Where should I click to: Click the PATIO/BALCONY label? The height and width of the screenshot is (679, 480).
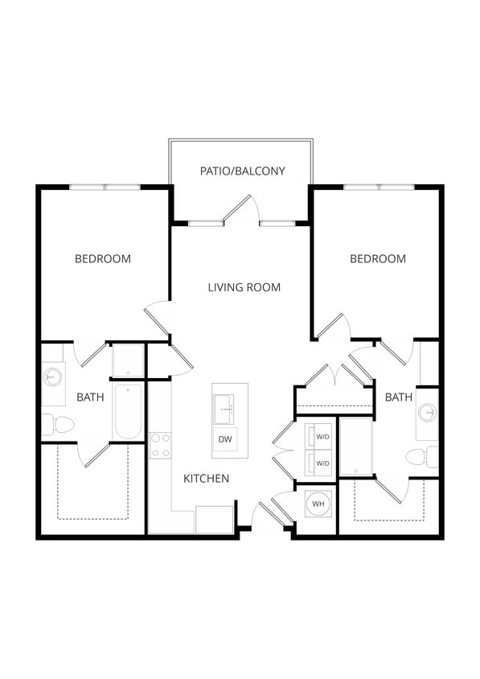pyautogui.click(x=242, y=171)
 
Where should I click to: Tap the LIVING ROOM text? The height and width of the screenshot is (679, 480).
pyautogui.click(x=244, y=287)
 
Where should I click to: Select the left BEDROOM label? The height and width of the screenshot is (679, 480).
pyautogui.click(x=103, y=259)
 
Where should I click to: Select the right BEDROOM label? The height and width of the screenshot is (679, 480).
pyautogui.click(x=377, y=259)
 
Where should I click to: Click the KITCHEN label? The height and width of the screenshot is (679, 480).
pyautogui.click(x=206, y=479)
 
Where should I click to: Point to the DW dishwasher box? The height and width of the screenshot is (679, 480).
pyautogui.click(x=225, y=439)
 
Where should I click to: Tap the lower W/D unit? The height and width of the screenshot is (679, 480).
pyautogui.click(x=322, y=463)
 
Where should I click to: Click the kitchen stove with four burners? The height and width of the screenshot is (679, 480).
pyautogui.click(x=160, y=445)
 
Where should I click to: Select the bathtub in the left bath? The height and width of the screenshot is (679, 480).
pyautogui.click(x=128, y=411)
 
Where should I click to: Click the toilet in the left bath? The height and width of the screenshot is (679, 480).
pyautogui.click(x=58, y=424)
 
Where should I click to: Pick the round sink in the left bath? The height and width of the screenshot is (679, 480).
pyautogui.click(x=54, y=377)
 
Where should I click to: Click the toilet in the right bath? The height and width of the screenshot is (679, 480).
pyautogui.click(x=421, y=457)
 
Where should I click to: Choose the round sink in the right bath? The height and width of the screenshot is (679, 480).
pyautogui.click(x=428, y=414)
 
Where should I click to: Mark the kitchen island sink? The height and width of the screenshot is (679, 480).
pyautogui.click(x=225, y=409)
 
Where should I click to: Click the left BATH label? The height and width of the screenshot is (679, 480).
pyautogui.click(x=89, y=397)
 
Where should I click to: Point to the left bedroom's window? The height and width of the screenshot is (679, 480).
pyautogui.click(x=105, y=187)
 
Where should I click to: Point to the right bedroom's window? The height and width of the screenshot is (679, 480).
pyautogui.click(x=379, y=187)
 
